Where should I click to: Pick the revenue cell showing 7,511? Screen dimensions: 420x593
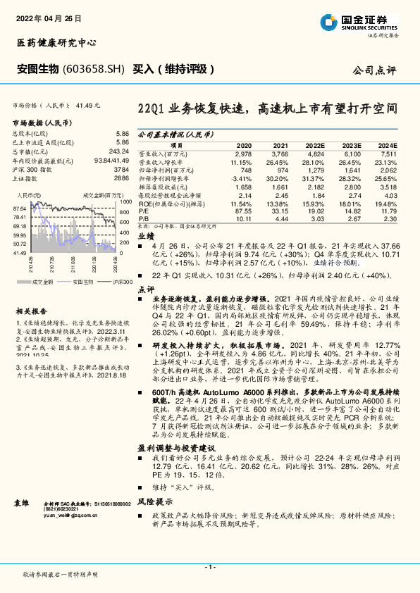point(388,153)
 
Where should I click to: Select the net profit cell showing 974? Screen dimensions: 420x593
point(280,170)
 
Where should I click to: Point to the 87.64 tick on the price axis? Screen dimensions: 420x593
point(19,208)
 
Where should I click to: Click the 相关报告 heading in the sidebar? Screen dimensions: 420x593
point(30,310)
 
